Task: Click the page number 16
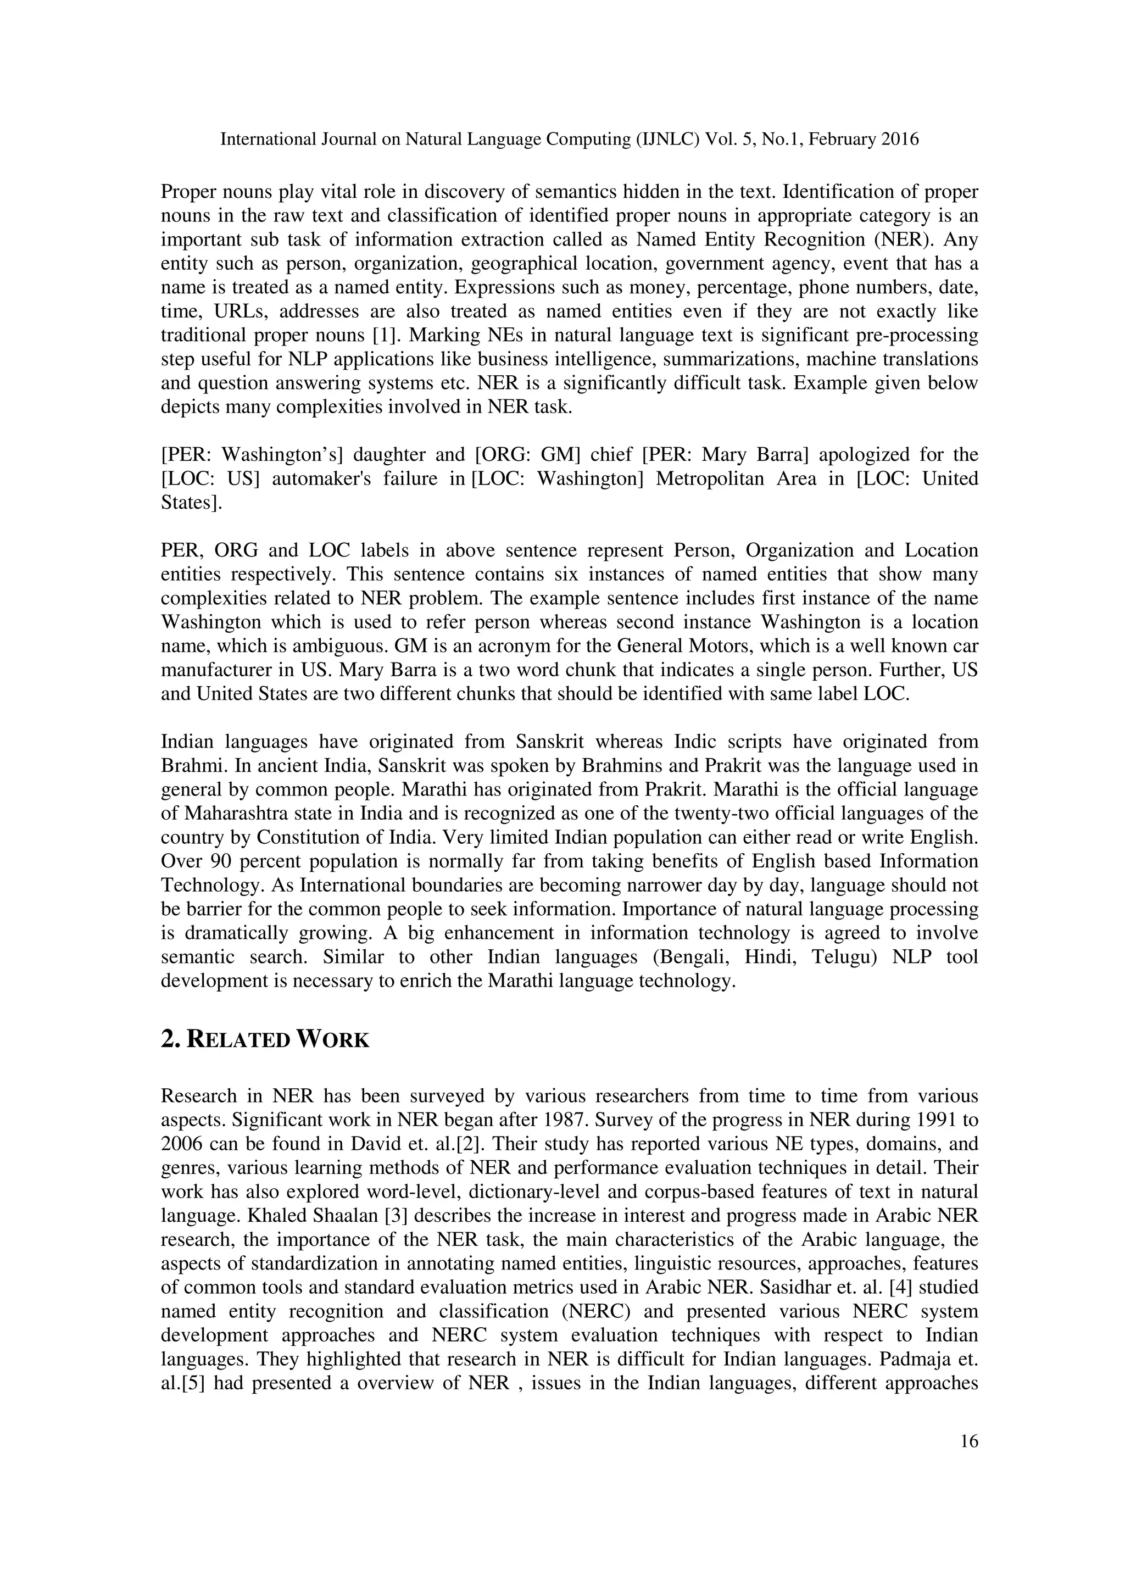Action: (969, 1441)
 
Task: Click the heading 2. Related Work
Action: (265, 1040)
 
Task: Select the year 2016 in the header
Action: (900, 140)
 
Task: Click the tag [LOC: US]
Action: (210, 478)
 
